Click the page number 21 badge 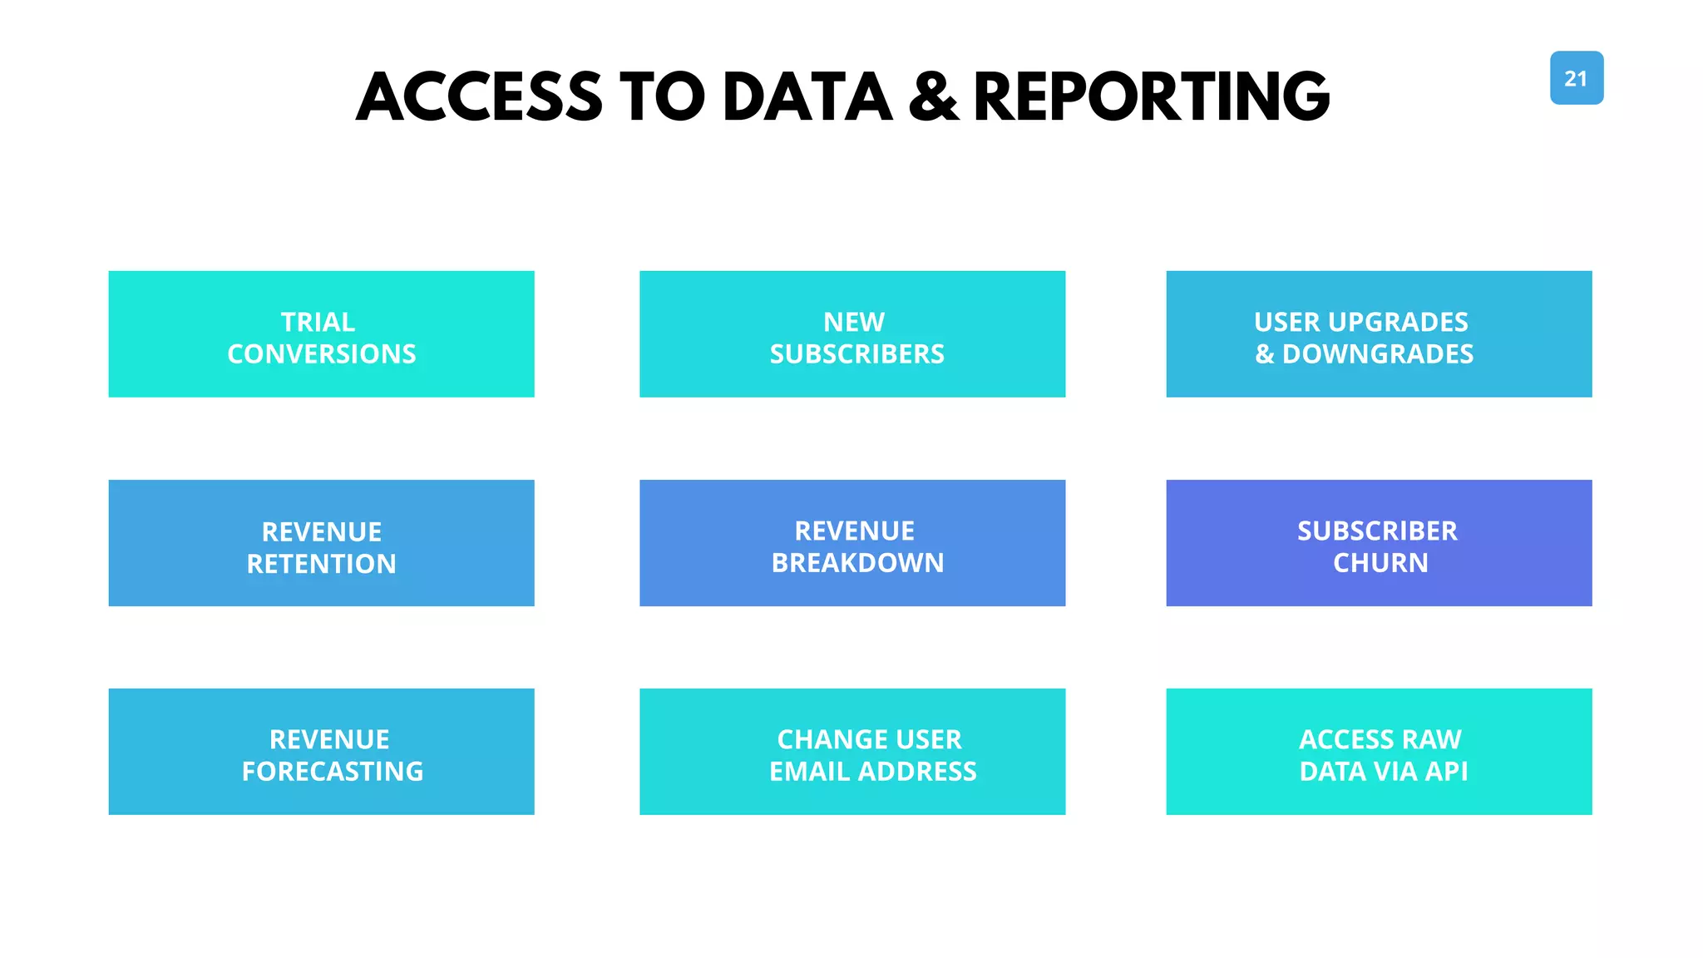point(1576,78)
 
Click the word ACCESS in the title point(479,97)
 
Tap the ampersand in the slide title point(933,97)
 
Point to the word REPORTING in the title point(1152,97)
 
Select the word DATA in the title point(807,97)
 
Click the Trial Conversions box point(321,334)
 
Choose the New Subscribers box point(851,334)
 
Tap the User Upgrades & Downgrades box point(1378,334)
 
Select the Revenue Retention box point(321,543)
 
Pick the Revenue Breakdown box point(851,543)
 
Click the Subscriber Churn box point(1378,543)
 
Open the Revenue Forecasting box point(321,752)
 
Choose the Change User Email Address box point(851,752)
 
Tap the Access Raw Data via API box point(1378,752)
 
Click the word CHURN point(1380,563)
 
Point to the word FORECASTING point(333,772)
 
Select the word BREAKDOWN point(857,563)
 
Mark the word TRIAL point(318,322)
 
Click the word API point(1446,772)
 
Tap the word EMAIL point(810,772)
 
